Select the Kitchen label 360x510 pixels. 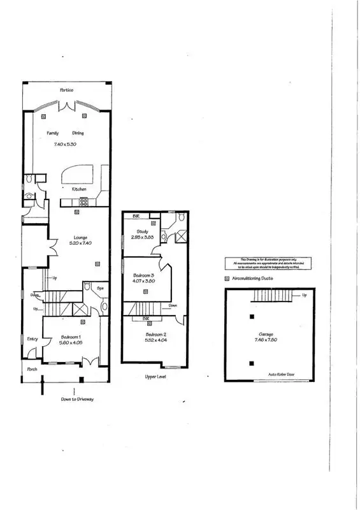pyautogui.click(x=79, y=189)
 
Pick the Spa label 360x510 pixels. pyautogui.click(x=99, y=288)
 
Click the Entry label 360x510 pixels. pyautogui.click(x=33, y=339)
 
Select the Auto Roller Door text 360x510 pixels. pyautogui.click(x=284, y=374)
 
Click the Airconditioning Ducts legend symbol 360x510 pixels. pyautogui.click(x=227, y=279)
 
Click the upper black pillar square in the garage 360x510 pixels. pyautogui.click(x=252, y=317)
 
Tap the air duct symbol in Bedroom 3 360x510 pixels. pyautogui.click(x=145, y=292)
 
